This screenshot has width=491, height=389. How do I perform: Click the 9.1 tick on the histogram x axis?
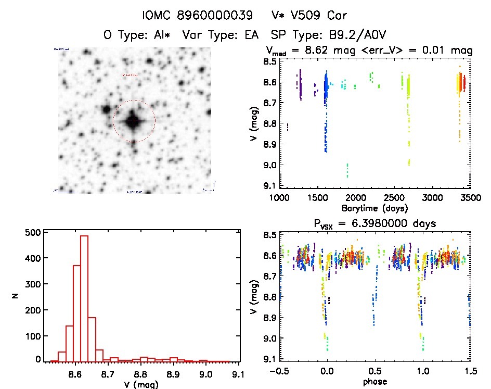pos(239,374)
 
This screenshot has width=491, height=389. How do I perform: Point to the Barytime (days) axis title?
pos(374,208)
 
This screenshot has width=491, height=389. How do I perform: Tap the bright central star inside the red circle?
pos(134,121)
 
